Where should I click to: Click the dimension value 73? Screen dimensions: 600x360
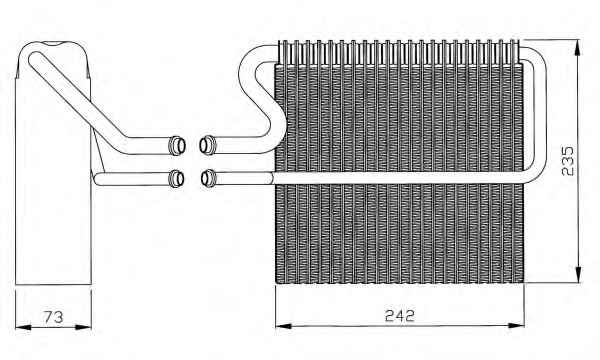coord(53,317)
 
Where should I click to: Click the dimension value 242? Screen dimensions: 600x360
coord(400,316)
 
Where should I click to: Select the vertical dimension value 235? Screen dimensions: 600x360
coord(568,161)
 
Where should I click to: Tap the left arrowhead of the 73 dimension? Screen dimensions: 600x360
coord(23,327)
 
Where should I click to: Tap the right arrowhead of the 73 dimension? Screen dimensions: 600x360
coord(83,327)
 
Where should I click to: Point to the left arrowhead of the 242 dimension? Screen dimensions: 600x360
coord(284,326)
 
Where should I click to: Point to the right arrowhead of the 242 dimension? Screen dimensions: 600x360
coord(516,326)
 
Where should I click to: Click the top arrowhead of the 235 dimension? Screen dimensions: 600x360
coord(578,47)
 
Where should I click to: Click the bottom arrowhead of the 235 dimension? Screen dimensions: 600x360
coord(578,274)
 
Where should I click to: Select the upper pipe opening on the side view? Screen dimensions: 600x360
coord(177,145)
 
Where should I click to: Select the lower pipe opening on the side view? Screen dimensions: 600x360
coord(176,178)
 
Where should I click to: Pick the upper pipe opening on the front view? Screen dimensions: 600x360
coord(208,145)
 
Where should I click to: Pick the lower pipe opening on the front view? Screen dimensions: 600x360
coord(209,178)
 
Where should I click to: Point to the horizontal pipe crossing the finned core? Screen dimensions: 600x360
coord(398,178)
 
